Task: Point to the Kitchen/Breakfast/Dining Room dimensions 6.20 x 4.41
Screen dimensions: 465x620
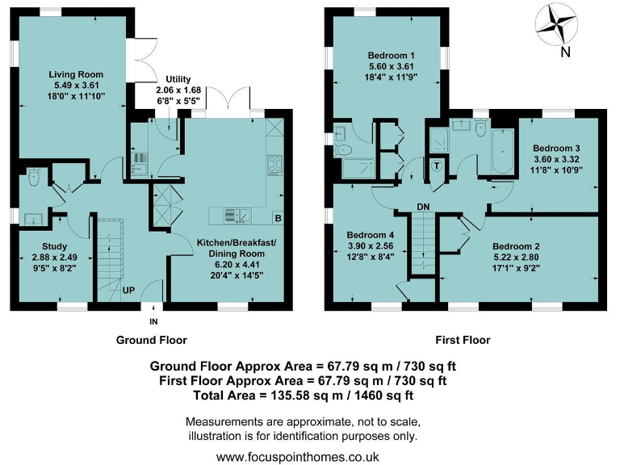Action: click(236, 264)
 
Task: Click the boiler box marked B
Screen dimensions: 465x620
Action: click(278, 218)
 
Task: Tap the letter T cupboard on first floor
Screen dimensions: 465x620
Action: click(437, 166)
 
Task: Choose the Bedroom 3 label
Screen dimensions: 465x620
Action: click(556, 149)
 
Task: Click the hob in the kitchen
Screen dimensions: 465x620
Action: click(274, 163)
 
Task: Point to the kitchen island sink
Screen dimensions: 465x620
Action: click(235, 216)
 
